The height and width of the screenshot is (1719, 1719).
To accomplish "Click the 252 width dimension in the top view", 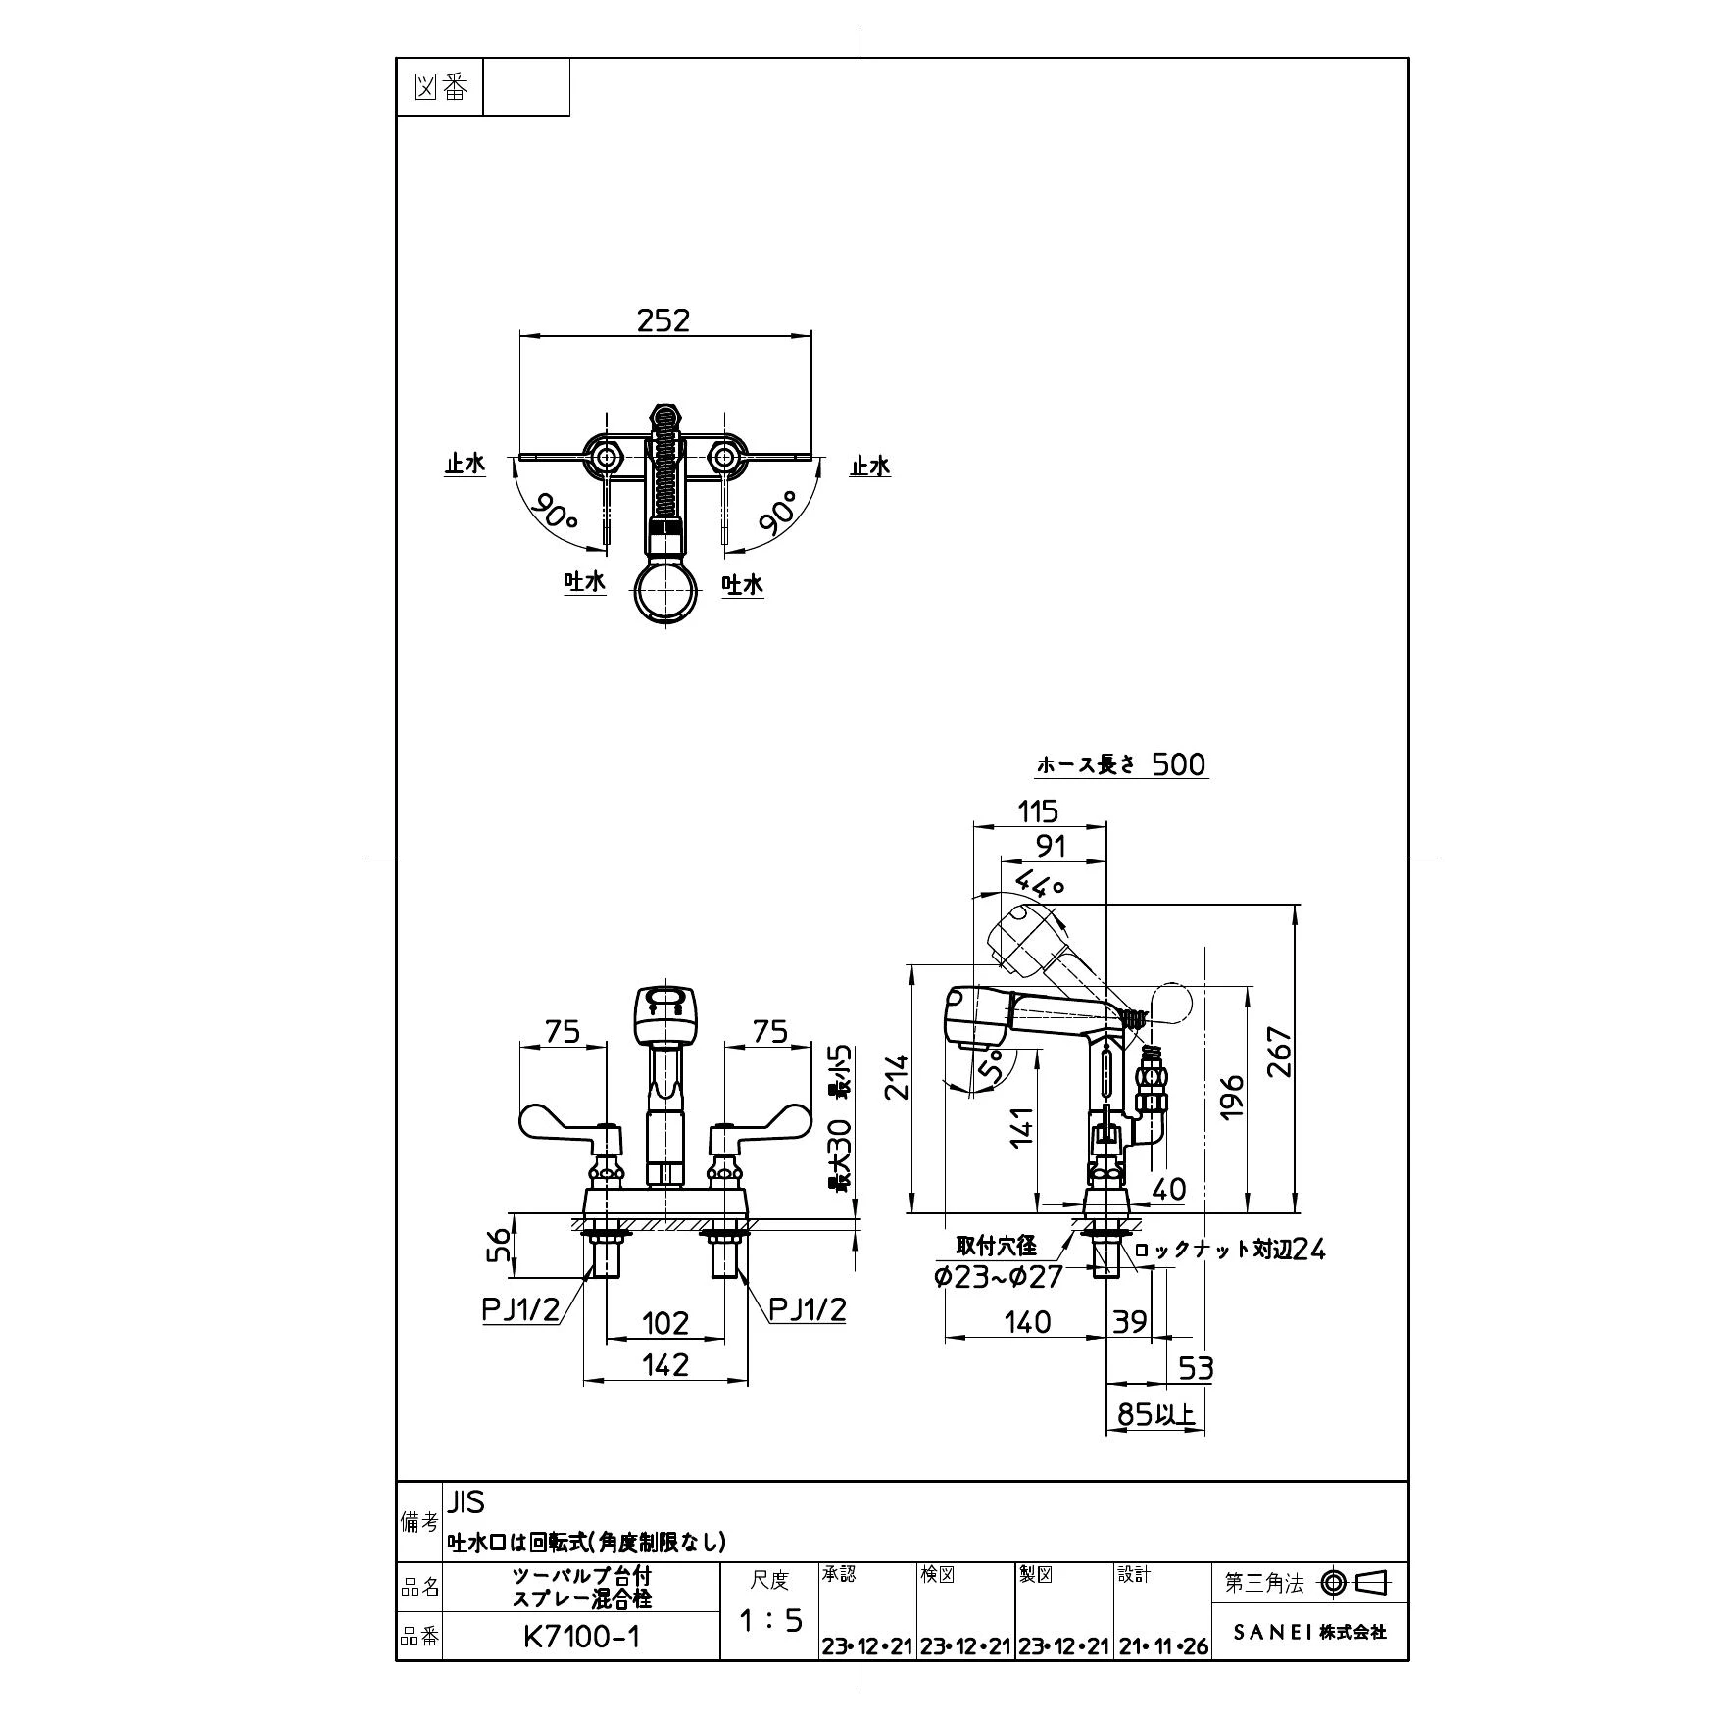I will click(663, 320).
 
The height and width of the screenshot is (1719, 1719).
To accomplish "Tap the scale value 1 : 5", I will click(769, 1620).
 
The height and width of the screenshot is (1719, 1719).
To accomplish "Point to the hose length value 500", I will click(1178, 764).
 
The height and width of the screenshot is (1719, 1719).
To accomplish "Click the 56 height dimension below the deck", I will click(500, 1247).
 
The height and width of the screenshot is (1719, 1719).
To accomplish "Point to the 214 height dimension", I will click(897, 1075).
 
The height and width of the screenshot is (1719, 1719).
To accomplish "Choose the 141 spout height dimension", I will click(1022, 1127).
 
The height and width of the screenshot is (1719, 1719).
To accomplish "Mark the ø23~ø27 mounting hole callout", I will click(999, 1277).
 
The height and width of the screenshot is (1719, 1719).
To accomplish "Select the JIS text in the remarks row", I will click(467, 1501).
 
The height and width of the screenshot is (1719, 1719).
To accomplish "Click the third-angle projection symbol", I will click(1356, 1582).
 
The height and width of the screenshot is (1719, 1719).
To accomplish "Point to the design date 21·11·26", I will click(1163, 1646).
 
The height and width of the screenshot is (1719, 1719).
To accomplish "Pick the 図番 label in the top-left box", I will click(441, 88).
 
